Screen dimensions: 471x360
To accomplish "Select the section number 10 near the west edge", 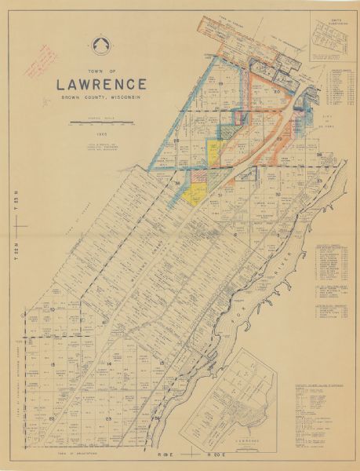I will (x=51, y=310).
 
